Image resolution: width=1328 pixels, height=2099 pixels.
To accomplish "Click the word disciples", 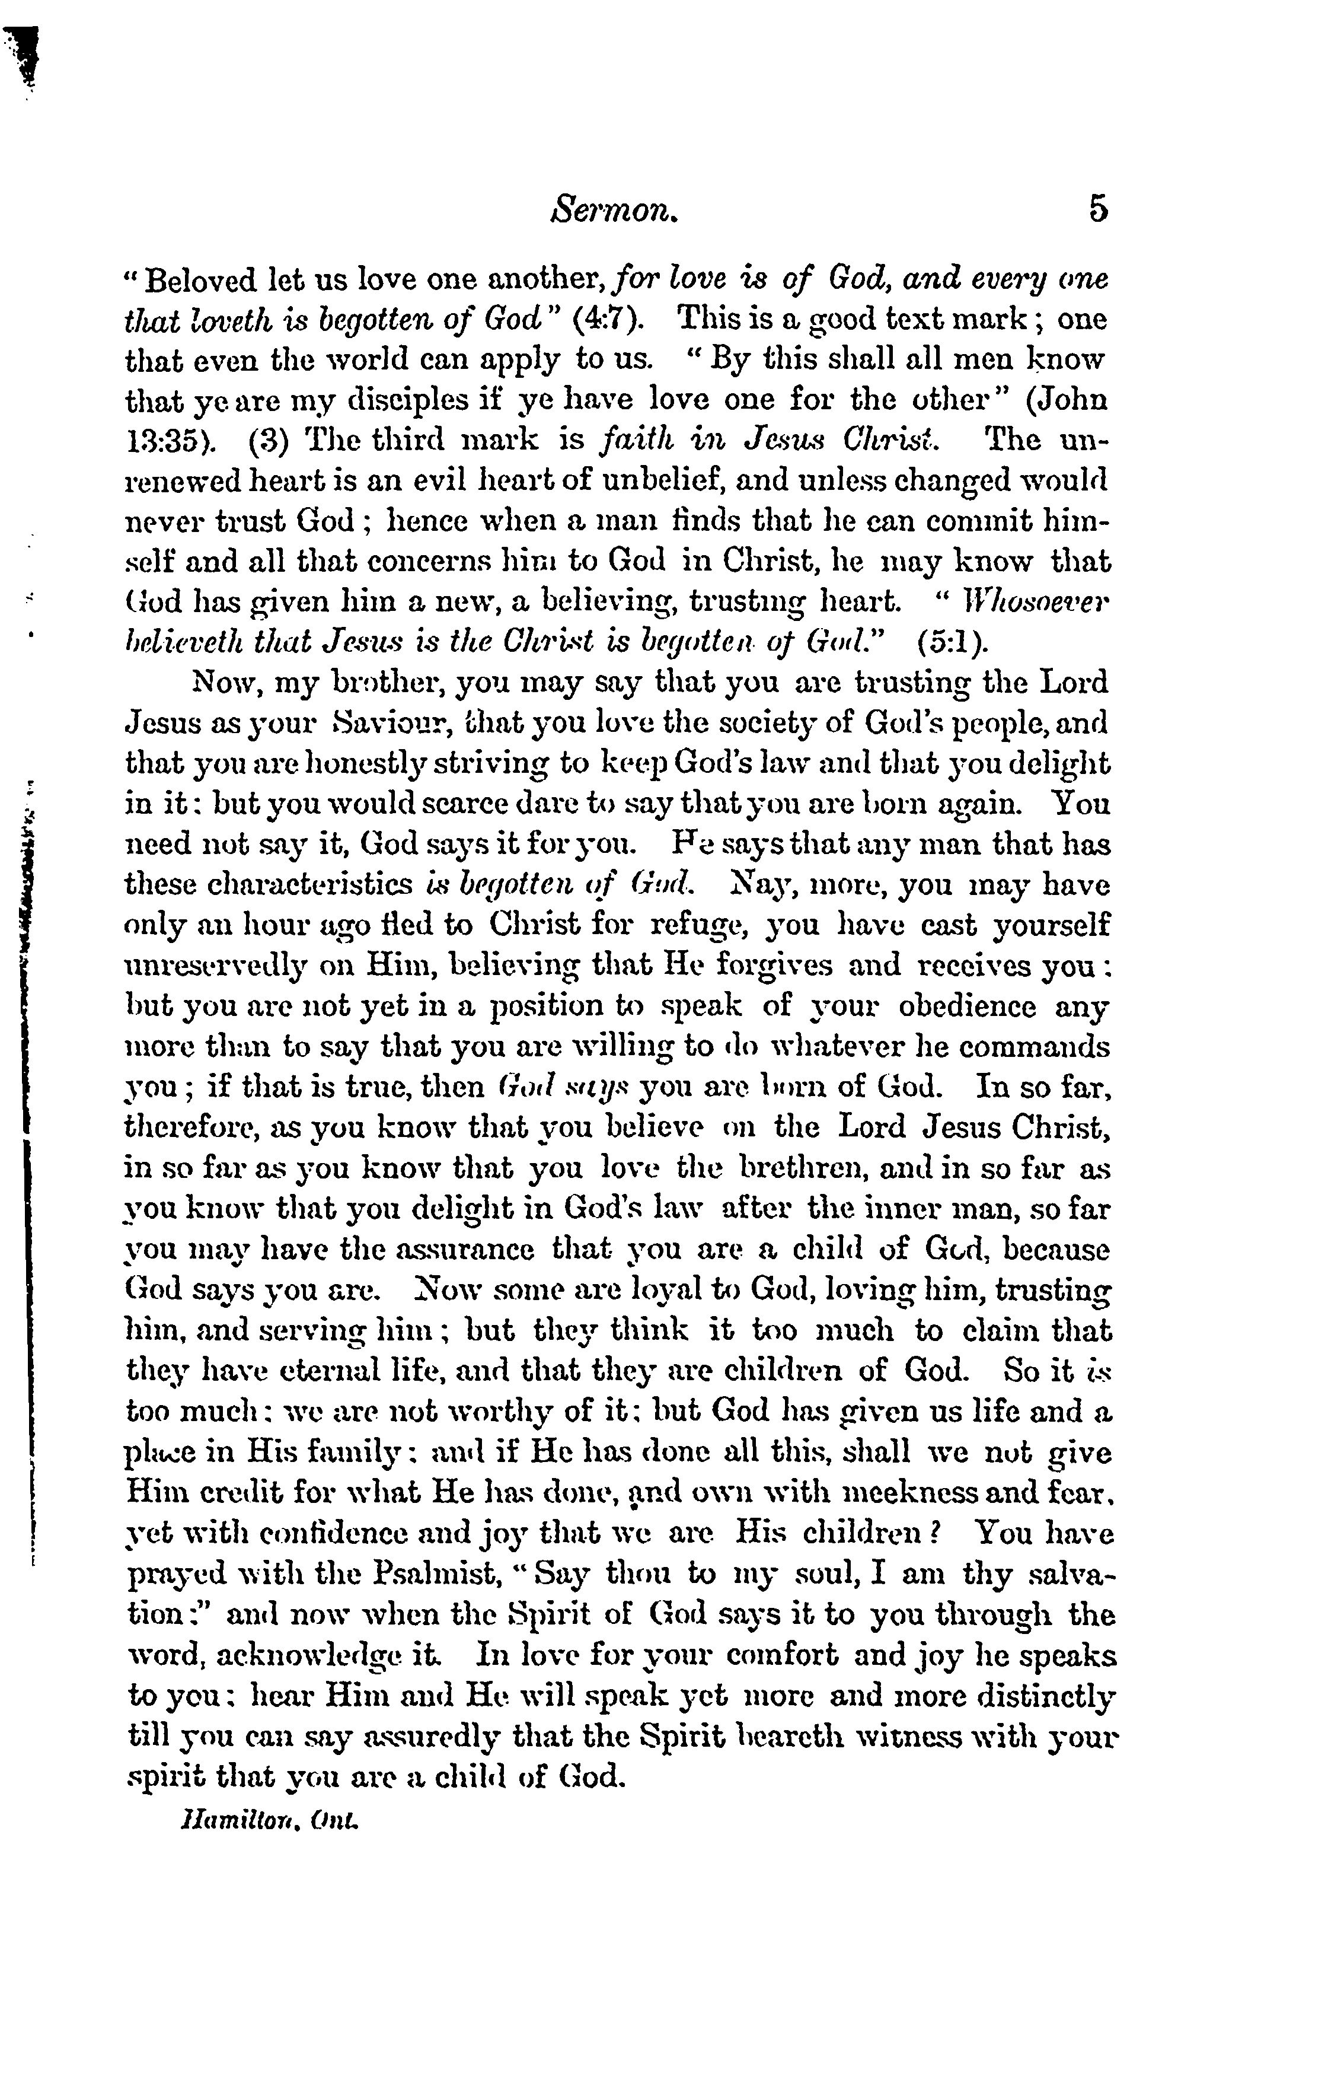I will click(x=395, y=401).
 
